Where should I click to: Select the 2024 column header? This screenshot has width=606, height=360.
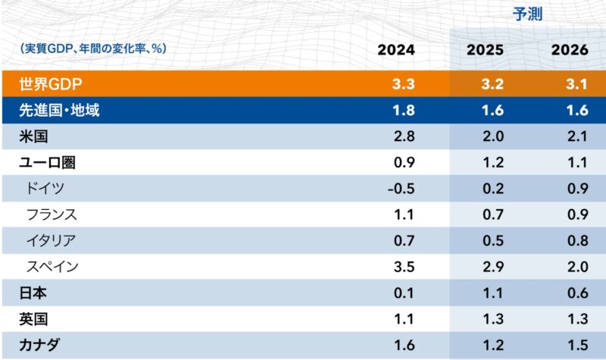[x=396, y=50]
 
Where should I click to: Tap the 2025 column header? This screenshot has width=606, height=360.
[x=484, y=50]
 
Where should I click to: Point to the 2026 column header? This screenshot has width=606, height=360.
[x=570, y=50]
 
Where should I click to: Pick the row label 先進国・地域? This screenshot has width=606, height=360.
[x=60, y=111]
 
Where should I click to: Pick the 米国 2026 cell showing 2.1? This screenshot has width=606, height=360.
[x=576, y=137]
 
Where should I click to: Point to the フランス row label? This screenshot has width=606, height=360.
[x=52, y=214]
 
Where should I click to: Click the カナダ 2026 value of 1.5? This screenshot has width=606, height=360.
[x=576, y=345]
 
